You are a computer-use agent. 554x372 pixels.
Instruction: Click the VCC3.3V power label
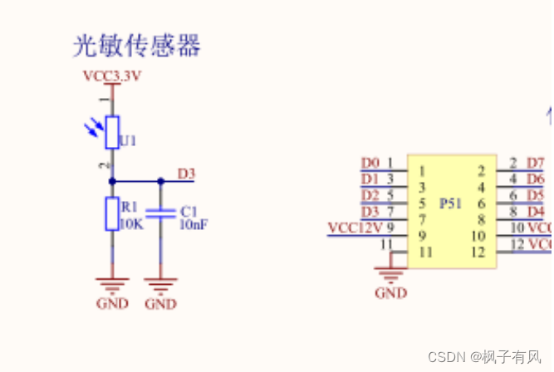pyautogui.click(x=113, y=76)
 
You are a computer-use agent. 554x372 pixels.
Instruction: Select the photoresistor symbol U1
pyautogui.click(x=113, y=131)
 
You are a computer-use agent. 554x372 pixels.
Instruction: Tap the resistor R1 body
pyautogui.click(x=112, y=213)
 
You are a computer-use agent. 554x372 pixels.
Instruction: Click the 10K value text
pyautogui.click(x=131, y=224)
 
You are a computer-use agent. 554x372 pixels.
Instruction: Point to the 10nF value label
pyautogui.click(x=194, y=224)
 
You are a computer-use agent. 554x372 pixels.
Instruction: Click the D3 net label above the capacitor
pyautogui.click(x=186, y=174)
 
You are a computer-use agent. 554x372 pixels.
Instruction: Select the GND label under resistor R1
pyautogui.click(x=112, y=303)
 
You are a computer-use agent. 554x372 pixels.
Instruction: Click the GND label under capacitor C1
pyautogui.click(x=160, y=303)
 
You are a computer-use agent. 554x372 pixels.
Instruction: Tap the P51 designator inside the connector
pyautogui.click(x=450, y=203)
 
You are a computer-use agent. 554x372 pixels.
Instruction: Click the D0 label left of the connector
pyautogui.click(x=370, y=163)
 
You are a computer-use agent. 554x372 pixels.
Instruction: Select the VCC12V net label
pyautogui.click(x=355, y=228)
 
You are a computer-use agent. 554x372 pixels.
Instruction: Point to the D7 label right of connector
pyautogui.click(x=536, y=163)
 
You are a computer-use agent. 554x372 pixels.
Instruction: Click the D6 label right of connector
pyautogui.click(x=536, y=179)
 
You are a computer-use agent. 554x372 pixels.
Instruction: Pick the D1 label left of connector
pyautogui.click(x=370, y=179)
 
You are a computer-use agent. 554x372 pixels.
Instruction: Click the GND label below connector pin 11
pyautogui.click(x=390, y=293)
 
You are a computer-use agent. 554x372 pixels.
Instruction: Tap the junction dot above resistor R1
pyautogui.click(x=112, y=180)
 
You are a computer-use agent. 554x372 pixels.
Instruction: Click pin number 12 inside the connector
pyautogui.click(x=478, y=252)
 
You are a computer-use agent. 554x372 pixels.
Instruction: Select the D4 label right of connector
pyautogui.click(x=536, y=211)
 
